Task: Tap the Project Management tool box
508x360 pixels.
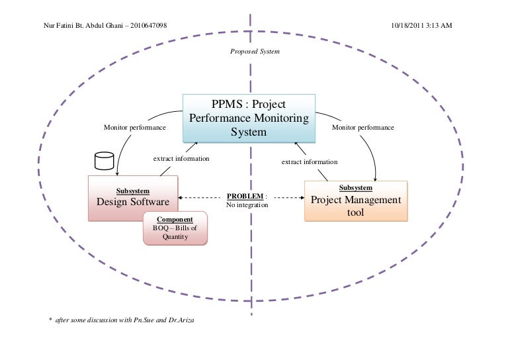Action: [356, 201]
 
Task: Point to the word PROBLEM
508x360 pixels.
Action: [245, 197]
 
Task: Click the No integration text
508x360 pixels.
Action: [247, 205]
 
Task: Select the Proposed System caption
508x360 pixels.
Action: [255, 50]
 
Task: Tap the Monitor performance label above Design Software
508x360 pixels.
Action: [134, 128]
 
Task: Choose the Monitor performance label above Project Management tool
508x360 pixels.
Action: [362, 128]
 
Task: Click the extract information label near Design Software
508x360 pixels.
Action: [181, 159]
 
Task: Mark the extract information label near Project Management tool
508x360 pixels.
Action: [309, 161]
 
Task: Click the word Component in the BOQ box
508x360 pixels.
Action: [175, 219]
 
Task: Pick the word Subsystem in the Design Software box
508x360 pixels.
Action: [132, 191]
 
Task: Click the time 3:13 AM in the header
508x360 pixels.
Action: [438, 25]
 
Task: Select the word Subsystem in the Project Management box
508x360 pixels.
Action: [355, 187]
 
